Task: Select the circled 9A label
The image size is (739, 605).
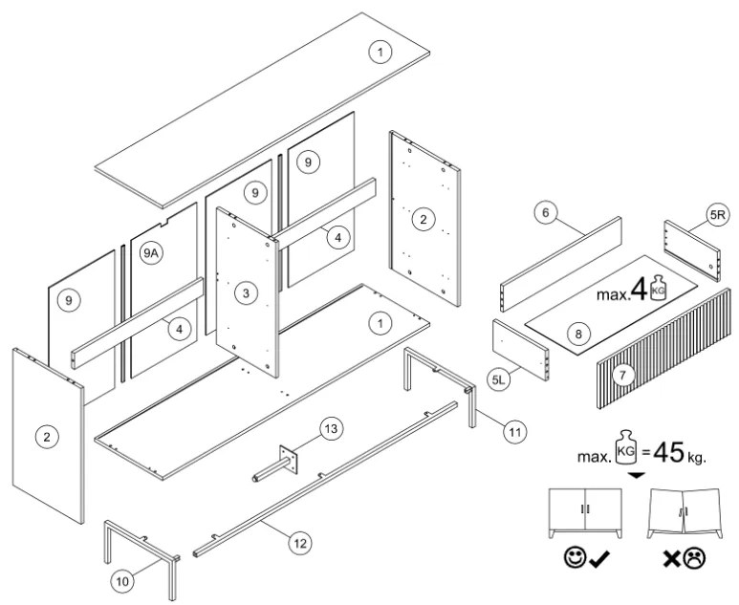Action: (x=151, y=253)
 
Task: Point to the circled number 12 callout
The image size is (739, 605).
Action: (x=299, y=542)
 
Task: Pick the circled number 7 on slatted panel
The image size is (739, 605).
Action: (x=622, y=377)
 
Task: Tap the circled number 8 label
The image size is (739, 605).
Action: (x=576, y=334)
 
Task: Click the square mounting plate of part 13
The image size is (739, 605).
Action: (x=288, y=459)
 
